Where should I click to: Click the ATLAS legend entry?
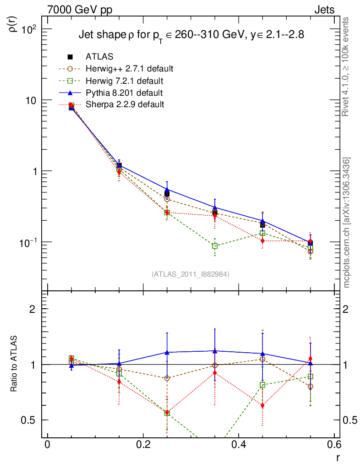point(99,57)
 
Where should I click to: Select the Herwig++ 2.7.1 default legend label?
point(129,69)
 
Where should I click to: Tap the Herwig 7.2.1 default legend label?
point(125,81)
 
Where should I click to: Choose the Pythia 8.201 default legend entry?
point(124,93)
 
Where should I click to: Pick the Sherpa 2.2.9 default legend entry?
point(125,104)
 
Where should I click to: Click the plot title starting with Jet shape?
point(191,35)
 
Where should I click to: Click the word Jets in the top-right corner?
point(324,9)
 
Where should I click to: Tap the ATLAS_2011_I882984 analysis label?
point(191,274)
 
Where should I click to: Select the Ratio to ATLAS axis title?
point(14,365)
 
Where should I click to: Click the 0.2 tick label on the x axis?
point(143,446)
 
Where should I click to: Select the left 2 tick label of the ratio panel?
point(33,309)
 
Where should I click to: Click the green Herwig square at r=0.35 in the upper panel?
point(215,246)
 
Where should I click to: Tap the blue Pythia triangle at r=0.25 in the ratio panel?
point(167,352)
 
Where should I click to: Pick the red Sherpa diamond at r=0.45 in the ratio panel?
point(262,405)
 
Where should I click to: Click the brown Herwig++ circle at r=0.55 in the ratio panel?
point(310,386)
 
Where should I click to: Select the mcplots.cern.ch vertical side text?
point(347,222)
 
